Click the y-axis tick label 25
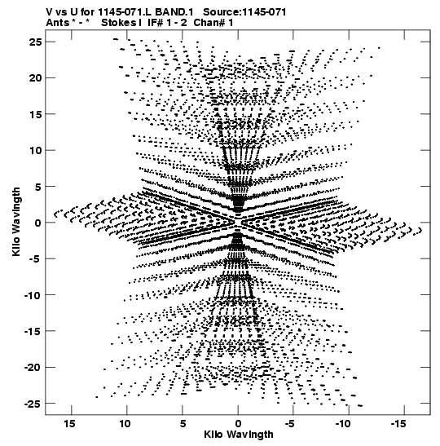(36, 42)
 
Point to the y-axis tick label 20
(36, 77)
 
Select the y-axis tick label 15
(36, 114)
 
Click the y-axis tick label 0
(38, 223)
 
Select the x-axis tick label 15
(69, 423)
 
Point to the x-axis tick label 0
(238, 423)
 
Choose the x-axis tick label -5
(290, 423)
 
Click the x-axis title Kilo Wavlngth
(239, 435)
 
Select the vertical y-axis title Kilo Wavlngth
(16, 222)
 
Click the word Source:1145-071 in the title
(244, 12)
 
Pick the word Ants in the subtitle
(57, 23)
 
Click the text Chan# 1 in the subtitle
(213, 23)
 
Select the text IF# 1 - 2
(167, 23)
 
